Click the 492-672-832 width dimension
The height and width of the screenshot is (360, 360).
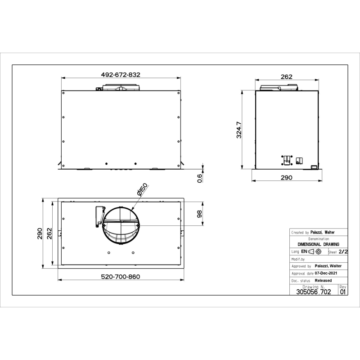[121, 75]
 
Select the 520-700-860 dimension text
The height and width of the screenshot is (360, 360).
[121, 277]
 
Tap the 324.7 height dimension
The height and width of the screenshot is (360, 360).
[239, 130]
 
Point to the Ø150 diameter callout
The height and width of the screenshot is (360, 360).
[142, 189]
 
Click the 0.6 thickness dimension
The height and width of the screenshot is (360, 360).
[200, 178]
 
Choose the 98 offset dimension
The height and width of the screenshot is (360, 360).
[200, 214]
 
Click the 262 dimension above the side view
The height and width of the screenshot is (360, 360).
[287, 76]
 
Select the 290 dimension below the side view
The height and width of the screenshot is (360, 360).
[287, 177]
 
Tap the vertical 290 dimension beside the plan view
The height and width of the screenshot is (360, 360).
[40, 234]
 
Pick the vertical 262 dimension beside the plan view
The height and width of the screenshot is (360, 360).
[49, 234]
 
